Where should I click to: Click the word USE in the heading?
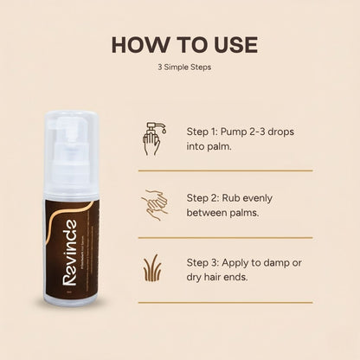[222, 45]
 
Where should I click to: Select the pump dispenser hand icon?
[152, 137]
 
